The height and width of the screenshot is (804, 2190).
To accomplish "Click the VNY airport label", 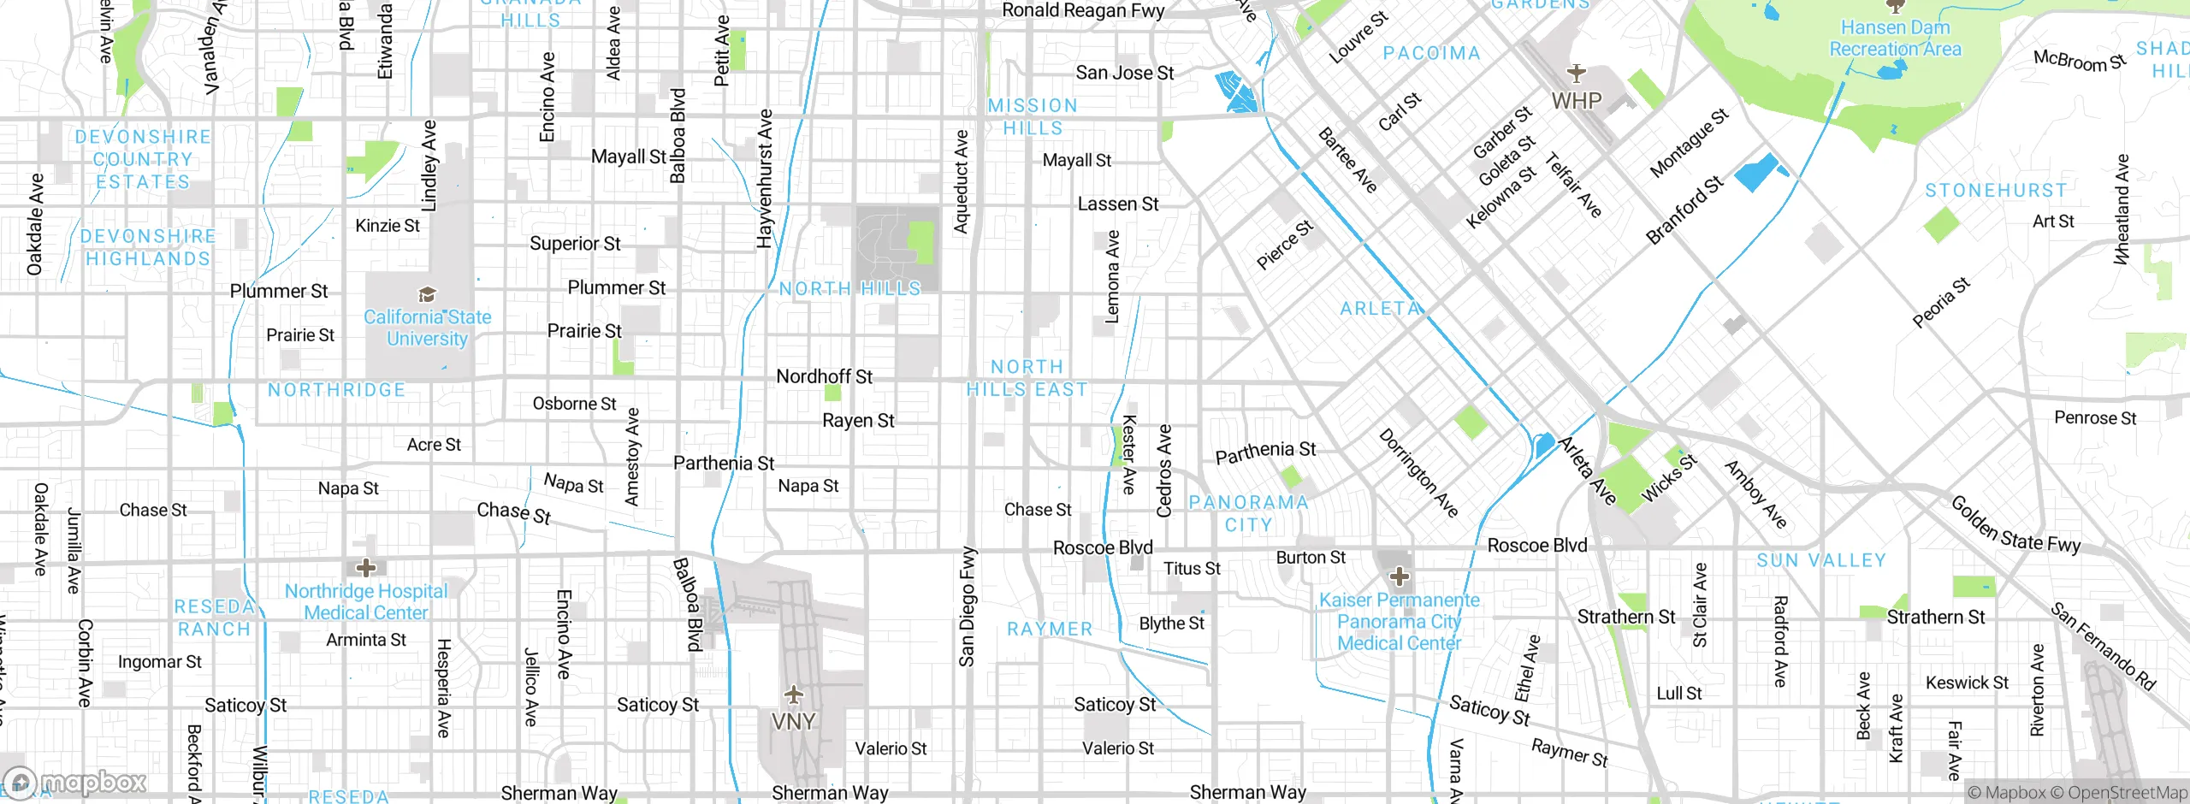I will coord(793,721).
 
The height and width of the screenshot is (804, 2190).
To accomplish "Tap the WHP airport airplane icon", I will coord(1576,74).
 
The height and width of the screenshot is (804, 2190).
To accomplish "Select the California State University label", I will coord(427,328).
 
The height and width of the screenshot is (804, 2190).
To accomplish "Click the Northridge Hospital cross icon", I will coord(366,567).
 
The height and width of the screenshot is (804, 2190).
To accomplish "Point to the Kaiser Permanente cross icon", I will coord(1400,576).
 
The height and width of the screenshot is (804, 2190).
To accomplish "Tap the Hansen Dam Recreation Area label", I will coord(1895,38).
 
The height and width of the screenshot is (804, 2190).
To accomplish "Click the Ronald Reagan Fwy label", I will coord(1083,10).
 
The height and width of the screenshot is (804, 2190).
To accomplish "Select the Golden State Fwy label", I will coord(2015,523).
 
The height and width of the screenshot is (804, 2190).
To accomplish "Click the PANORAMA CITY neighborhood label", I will coord(1248,513).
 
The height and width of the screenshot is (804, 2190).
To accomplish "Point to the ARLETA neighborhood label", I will coord(1380,309).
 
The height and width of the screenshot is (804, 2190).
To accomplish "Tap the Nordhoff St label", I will coord(824,376).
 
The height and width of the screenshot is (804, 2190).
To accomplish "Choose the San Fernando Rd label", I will coord(2103,647).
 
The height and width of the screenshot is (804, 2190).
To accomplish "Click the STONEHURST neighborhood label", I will coord(1996,190).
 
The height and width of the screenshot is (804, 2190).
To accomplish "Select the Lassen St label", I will coord(1117,204).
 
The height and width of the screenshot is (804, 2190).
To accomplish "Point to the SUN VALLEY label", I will coord(1821,560).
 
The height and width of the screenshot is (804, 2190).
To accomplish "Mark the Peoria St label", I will coord(1941,302).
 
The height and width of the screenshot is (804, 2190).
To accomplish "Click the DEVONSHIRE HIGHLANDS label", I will coord(147,247).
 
